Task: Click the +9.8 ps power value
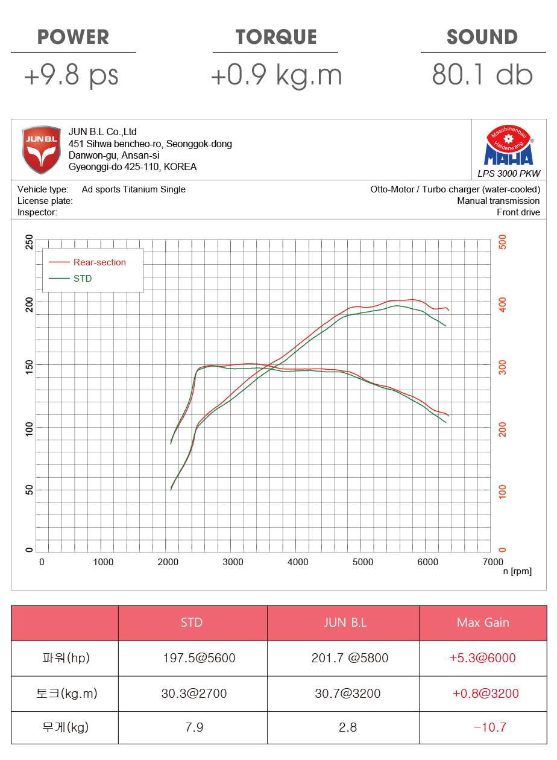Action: point(71,76)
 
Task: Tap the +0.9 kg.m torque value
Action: point(276,76)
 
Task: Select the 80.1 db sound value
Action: point(482,76)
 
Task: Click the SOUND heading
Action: point(482,37)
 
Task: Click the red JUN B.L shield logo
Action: point(41,150)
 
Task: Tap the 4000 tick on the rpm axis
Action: point(298,562)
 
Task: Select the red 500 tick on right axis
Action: point(502,242)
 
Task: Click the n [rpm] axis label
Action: point(517,572)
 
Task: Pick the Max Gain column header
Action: point(483,622)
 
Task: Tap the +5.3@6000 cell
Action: point(483,658)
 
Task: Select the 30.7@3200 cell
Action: point(348,694)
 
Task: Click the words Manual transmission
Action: point(498,201)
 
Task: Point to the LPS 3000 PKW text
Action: point(509,174)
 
